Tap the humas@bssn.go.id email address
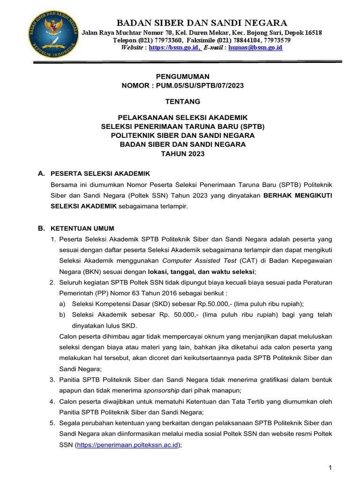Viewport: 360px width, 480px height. point(255,48)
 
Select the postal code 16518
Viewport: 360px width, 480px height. point(311,33)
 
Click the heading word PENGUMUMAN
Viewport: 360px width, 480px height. point(182,76)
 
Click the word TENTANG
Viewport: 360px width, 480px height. point(182,101)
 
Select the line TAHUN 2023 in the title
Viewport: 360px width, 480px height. point(182,153)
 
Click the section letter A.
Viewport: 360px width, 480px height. point(41,173)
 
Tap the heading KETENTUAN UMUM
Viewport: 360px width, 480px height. point(82,228)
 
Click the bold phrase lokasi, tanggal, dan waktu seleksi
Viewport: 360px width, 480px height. point(202,271)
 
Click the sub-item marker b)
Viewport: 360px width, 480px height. point(62,315)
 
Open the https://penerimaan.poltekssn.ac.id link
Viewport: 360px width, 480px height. point(127,445)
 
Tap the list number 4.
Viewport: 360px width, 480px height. point(52,401)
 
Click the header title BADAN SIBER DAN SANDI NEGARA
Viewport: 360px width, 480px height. point(202,22)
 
